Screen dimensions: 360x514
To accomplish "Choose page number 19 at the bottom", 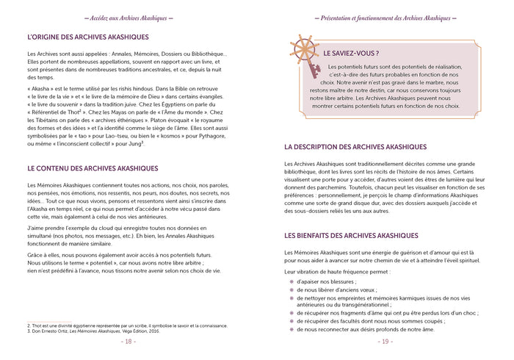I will [385, 342].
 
